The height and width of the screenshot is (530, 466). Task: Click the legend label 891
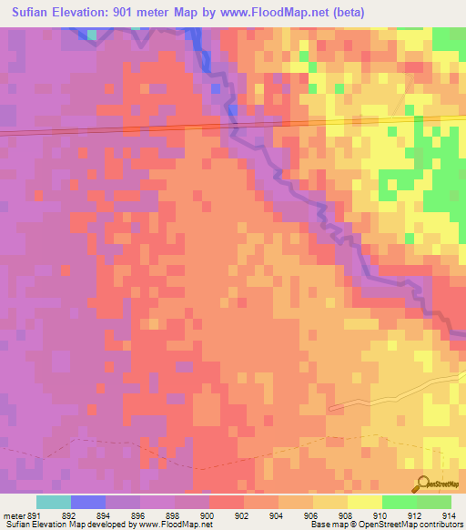(x=34, y=514)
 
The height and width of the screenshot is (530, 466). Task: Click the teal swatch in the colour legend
(x=54, y=502)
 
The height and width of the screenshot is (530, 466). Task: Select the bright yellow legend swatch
(x=364, y=502)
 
